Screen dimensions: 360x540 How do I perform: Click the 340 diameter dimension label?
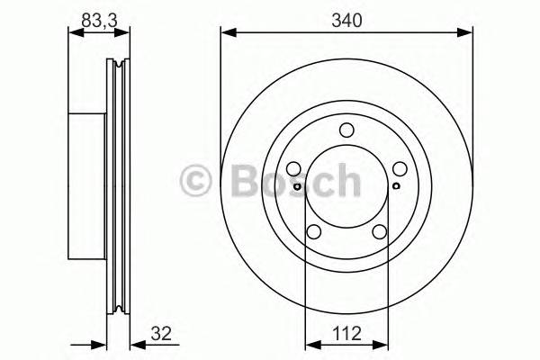(346, 21)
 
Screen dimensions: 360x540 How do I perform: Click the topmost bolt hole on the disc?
(346, 130)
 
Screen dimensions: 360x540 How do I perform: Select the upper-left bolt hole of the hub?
(293, 169)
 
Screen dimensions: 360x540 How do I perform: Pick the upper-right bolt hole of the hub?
(400, 169)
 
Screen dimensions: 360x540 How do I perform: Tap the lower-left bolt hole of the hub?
(314, 232)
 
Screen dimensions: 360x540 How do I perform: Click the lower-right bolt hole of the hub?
(379, 232)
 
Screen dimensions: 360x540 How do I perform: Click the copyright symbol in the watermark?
(196, 181)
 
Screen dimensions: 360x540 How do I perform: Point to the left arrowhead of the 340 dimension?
(226, 33)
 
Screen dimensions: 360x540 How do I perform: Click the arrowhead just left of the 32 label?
(135, 343)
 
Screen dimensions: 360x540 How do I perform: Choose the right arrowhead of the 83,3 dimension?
(124, 33)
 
